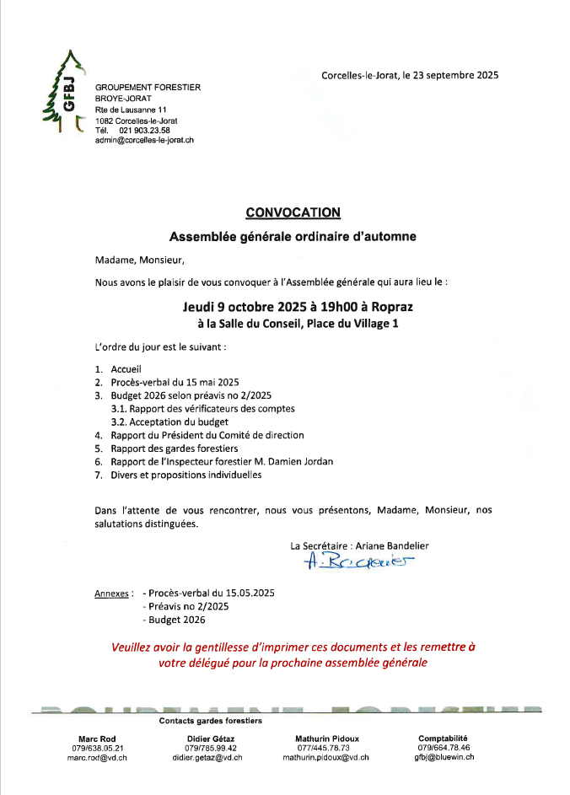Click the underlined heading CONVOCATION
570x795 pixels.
click(293, 212)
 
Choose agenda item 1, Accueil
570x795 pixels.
click(126, 369)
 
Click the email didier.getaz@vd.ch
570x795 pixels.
click(207, 758)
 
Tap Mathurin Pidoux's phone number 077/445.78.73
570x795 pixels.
click(324, 748)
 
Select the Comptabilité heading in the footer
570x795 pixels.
click(443, 738)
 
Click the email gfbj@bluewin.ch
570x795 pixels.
click(444, 757)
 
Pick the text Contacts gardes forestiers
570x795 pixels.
click(211, 721)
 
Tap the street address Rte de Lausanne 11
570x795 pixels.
click(131, 110)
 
